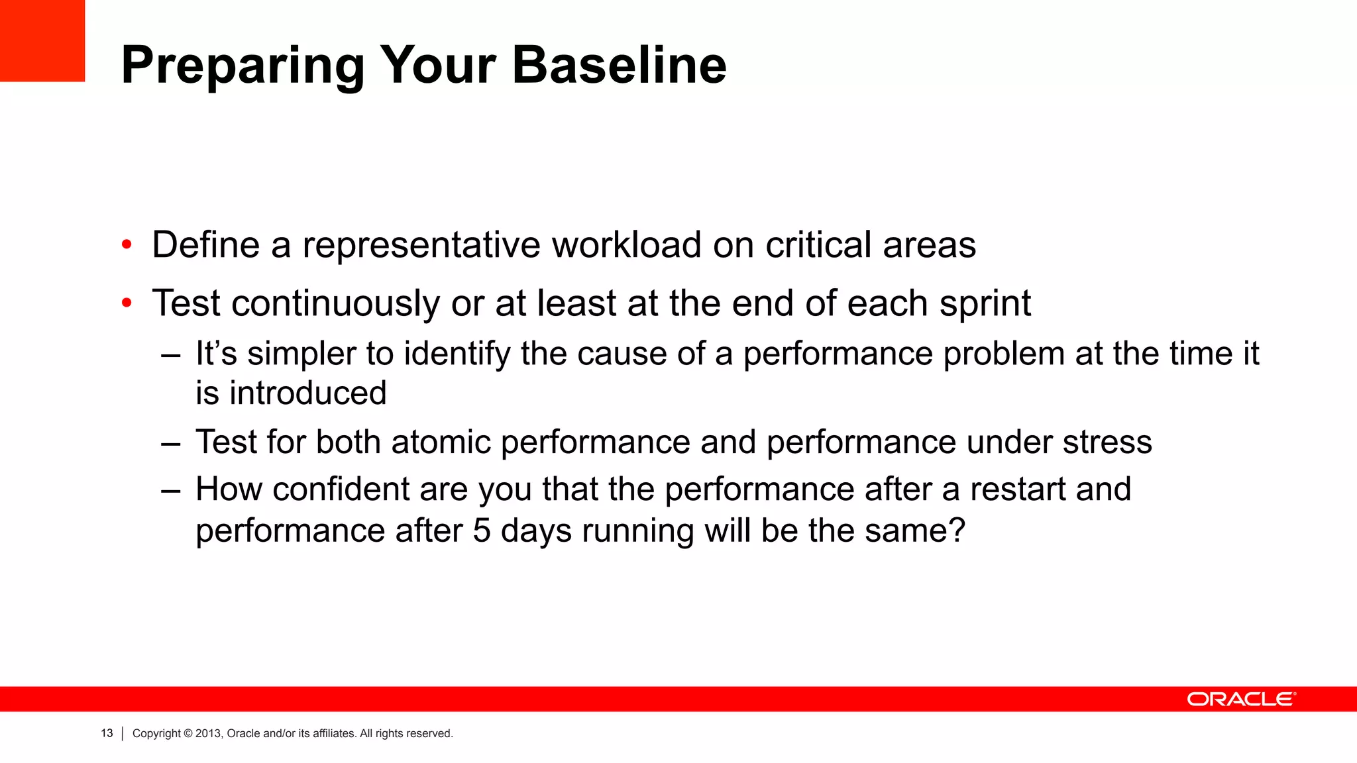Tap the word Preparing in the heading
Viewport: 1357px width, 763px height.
pos(243,66)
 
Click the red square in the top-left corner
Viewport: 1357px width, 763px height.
pos(42,40)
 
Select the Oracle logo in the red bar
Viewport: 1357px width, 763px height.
pos(1241,699)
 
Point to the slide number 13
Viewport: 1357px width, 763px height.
pos(107,733)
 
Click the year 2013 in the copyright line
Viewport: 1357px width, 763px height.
pos(208,733)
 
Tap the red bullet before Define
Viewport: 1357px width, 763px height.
pos(127,246)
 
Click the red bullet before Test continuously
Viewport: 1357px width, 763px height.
pos(127,304)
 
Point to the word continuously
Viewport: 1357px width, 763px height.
pos(335,304)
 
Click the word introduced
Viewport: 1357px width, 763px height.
pos(308,393)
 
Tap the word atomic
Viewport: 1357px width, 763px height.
pos(441,442)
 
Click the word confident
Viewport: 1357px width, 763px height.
pos(341,489)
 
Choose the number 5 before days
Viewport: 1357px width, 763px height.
pos(482,531)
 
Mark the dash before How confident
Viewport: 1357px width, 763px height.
pos(170,491)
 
